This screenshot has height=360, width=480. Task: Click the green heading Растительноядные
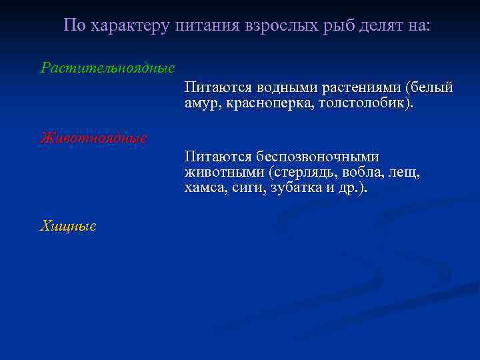(107, 67)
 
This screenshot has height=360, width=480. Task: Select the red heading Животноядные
(93, 138)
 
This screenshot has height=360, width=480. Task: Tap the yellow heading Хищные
(68, 226)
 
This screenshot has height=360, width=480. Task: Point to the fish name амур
(202, 103)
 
